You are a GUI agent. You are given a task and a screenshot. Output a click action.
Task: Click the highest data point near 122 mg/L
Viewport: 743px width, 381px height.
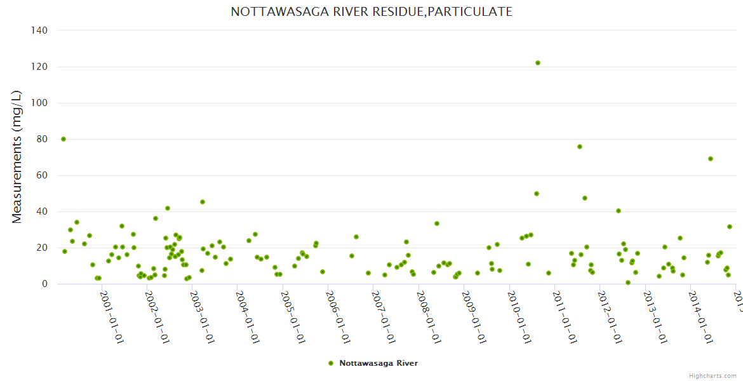point(538,63)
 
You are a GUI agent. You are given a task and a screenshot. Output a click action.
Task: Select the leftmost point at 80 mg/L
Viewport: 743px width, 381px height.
point(64,139)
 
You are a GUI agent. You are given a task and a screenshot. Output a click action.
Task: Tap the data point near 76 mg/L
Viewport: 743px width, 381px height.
point(580,147)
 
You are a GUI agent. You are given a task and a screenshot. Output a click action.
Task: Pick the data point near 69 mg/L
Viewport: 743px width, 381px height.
point(711,159)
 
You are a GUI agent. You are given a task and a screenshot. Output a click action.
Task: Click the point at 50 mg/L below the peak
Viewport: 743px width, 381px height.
point(537,194)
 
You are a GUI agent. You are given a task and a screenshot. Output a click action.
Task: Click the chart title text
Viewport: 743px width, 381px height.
point(371,12)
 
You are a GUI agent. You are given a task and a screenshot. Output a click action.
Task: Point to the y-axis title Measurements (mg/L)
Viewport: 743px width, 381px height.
point(17,157)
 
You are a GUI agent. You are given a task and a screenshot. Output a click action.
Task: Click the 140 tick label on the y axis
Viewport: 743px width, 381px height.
point(39,30)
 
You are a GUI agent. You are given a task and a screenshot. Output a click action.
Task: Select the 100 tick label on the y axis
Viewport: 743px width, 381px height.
point(39,103)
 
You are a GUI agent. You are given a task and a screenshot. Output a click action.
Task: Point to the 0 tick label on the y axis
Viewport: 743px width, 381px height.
point(44,284)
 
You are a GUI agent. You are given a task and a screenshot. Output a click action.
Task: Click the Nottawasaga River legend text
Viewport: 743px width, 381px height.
point(378,363)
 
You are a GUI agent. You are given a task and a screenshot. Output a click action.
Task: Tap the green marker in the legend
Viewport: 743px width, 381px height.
point(330,363)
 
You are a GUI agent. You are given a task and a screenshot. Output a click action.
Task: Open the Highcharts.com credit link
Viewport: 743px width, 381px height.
point(713,375)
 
